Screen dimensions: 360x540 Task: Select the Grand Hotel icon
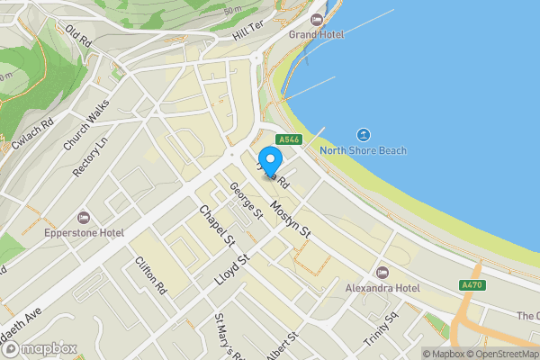pyautogui.click(x=316, y=19)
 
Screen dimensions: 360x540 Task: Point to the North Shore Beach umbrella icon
pyautogui.click(x=364, y=134)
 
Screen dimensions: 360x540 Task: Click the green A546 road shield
pyautogui.click(x=289, y=139)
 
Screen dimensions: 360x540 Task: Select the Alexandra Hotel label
pyautogui.click(x=383, y=288)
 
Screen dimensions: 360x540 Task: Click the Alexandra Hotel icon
pyautogui.click(x=382, y=272)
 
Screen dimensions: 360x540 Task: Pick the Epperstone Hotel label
pyautogui.click(x=84, y=231)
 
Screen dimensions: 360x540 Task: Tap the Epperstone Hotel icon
pyautogui.click(x=84, y=216)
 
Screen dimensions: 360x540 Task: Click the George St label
pyautogui.click(x=246, y=201)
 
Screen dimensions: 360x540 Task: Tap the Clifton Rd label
pyautogui.click(x=150, y=275)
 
